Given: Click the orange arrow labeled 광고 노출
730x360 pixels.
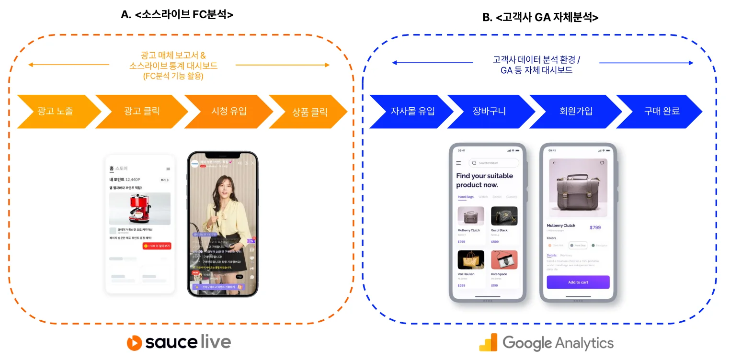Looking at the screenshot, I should click(x=55, y=112).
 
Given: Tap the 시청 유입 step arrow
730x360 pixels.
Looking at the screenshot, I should click(x=228, y=112).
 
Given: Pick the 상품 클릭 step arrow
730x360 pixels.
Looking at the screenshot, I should click(x=309, y=112).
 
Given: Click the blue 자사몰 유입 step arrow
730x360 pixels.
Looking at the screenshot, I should click(x=412, y=112).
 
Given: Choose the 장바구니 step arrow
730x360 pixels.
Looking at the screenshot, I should click(x=489, y=112).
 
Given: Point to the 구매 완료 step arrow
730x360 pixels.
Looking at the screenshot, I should click(x=662, y=112).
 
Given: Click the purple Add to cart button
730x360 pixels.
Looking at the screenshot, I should click(x=578, y=282).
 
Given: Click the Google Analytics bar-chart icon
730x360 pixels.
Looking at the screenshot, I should click(x=488, y=343).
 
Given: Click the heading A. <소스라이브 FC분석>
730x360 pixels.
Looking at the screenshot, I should click(x=177, y=15).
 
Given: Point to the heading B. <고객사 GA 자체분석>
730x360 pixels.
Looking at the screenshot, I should click(x=540, y=18).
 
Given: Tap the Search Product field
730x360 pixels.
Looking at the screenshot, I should click(x=493, y=163).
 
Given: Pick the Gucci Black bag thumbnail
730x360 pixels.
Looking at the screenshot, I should click(x=504, y=216).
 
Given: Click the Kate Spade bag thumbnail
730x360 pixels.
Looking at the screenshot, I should click(x=504, y=259).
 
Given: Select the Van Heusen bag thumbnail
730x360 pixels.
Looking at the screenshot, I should click(x=471, y=259).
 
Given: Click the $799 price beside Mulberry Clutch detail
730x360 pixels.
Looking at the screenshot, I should click(x=595, y=227).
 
